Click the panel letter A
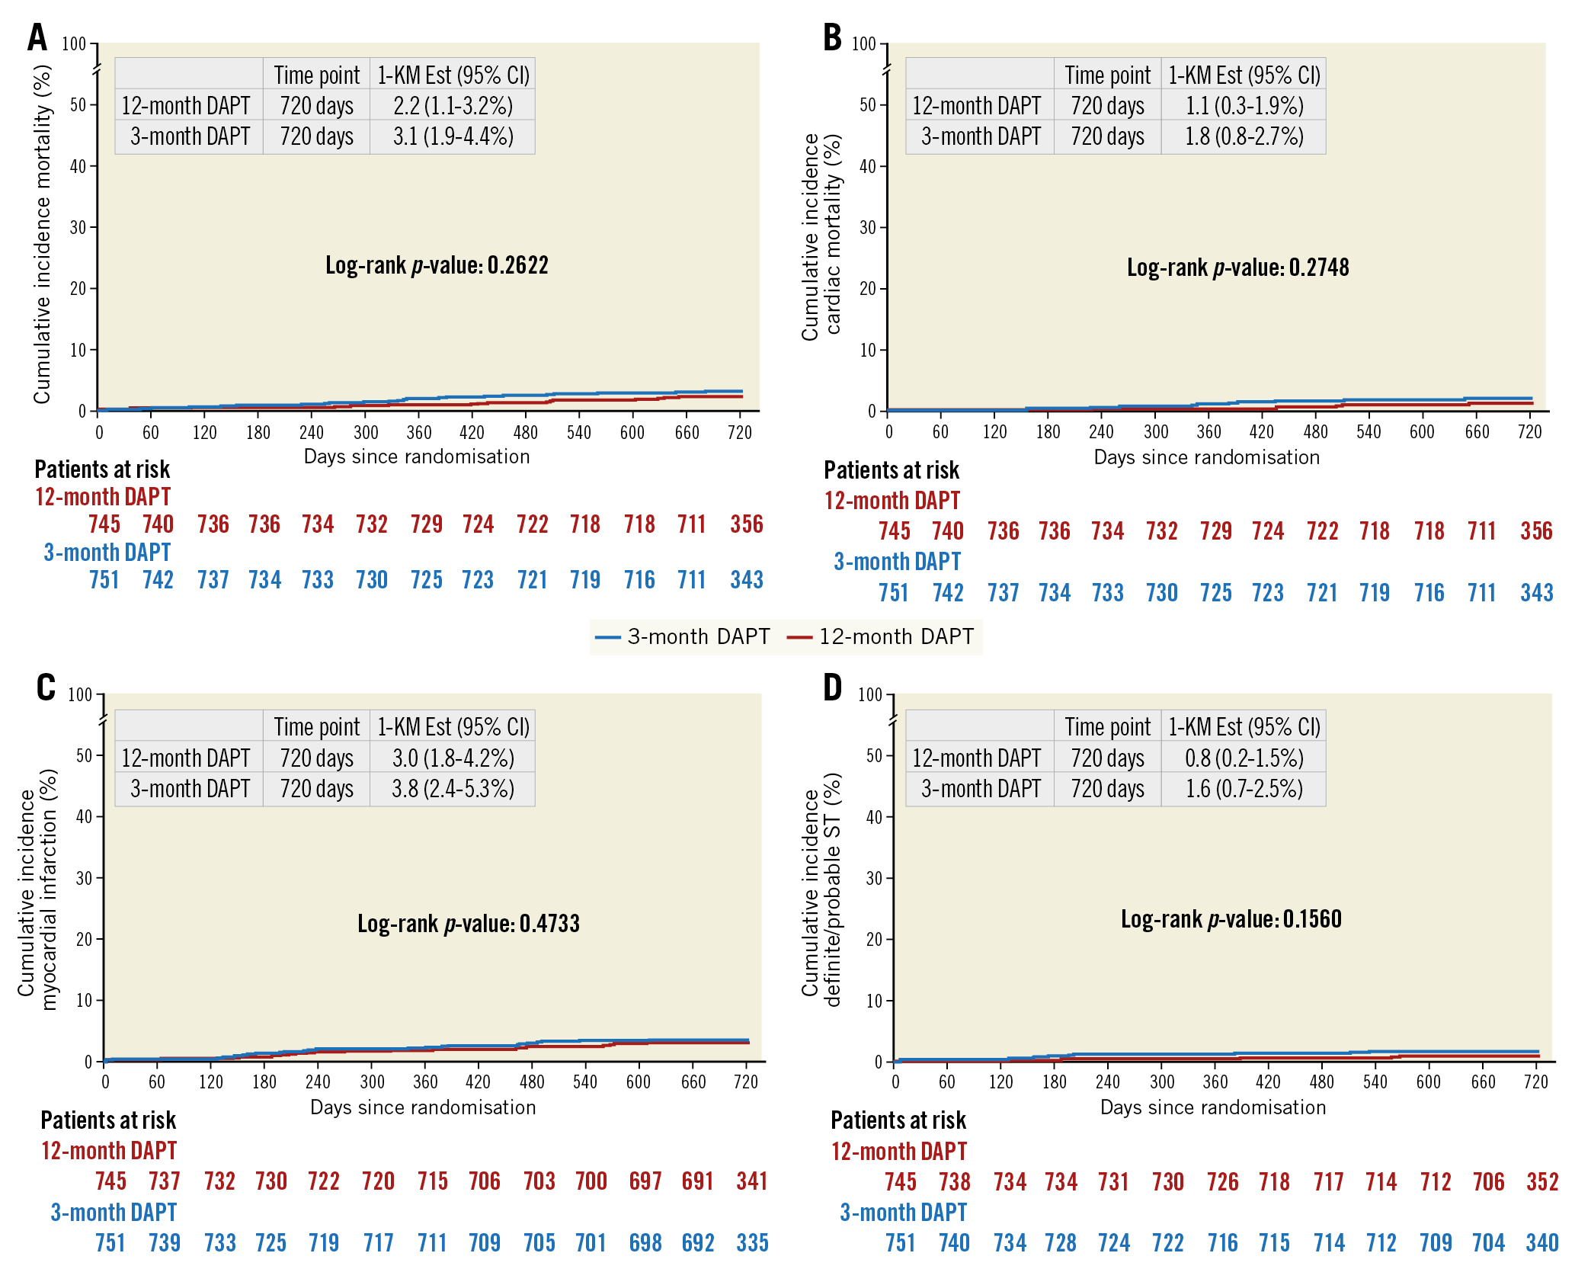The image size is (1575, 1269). point(37,37)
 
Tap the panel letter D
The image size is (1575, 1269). point(832,687)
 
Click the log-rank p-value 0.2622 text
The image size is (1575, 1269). point(437,265)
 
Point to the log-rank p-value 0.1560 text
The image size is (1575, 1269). point(1231,919)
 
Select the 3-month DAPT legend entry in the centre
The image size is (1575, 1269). point(683,636)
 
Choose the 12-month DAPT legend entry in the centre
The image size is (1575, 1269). point(881,636)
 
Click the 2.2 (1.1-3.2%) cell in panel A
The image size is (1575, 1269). point(453,105)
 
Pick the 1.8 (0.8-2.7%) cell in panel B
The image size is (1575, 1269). point(1244,136)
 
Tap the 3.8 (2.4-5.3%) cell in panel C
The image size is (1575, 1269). point(453,788)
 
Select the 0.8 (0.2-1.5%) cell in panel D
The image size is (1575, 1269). point(1244,758)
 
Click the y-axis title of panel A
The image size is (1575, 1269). point(42,234)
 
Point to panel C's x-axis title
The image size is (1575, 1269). point(423,1107)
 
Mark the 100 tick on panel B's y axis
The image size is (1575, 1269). point(863,43)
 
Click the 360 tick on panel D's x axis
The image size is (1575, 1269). point(1215,1082)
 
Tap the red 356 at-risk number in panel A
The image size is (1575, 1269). point(746,524)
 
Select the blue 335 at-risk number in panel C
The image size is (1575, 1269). point(752,1243)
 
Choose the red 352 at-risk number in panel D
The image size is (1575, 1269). point(1542,1181)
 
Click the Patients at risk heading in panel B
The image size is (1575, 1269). point(891,470)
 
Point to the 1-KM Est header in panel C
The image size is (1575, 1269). point(453,727)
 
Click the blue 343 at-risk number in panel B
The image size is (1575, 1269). point(1536,593)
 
